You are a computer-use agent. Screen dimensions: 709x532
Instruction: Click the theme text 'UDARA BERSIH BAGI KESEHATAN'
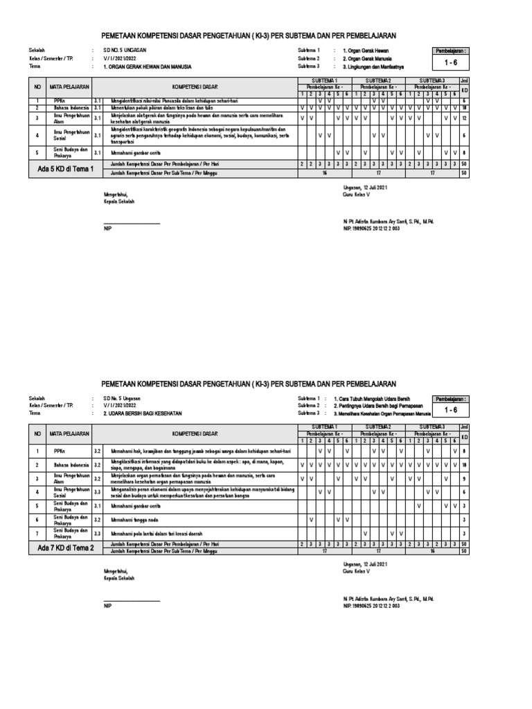tap(142, 413)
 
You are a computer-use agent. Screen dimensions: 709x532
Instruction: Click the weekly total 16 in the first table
tap(324, 172)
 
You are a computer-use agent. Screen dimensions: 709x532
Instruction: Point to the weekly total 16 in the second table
tap(432, 552)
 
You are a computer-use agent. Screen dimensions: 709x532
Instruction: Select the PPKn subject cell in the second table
tap(60, 451)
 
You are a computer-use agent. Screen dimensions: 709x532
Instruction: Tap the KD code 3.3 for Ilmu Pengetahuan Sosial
tap(97, 492)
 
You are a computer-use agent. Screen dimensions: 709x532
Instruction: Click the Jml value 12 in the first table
tap(464, 118)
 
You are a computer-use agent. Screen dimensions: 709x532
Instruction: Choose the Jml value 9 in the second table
tap(464, 478)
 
